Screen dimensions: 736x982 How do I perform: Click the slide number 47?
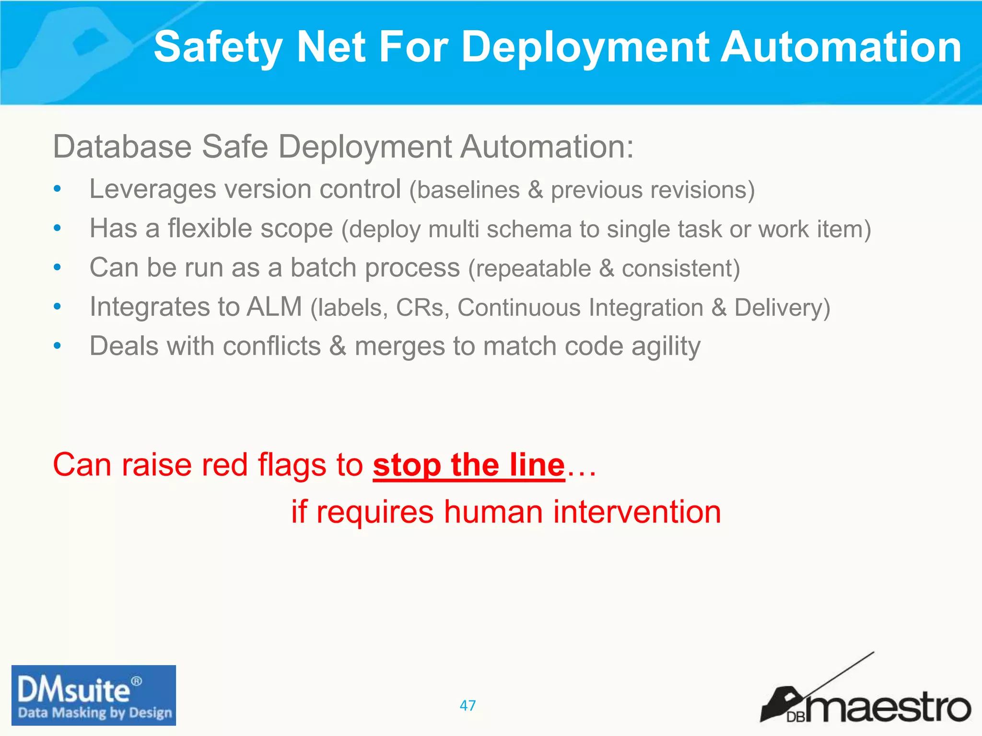[468, 705]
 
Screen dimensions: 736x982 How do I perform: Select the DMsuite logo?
[94, 695]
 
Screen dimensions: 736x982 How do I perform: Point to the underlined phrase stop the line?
[469, 465]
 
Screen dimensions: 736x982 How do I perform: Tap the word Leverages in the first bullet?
[152, 189]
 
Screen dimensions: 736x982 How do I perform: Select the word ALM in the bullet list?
[274, 307]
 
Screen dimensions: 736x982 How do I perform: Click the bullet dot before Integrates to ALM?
[58, 306]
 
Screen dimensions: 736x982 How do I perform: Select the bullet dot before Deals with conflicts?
[58, 345]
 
